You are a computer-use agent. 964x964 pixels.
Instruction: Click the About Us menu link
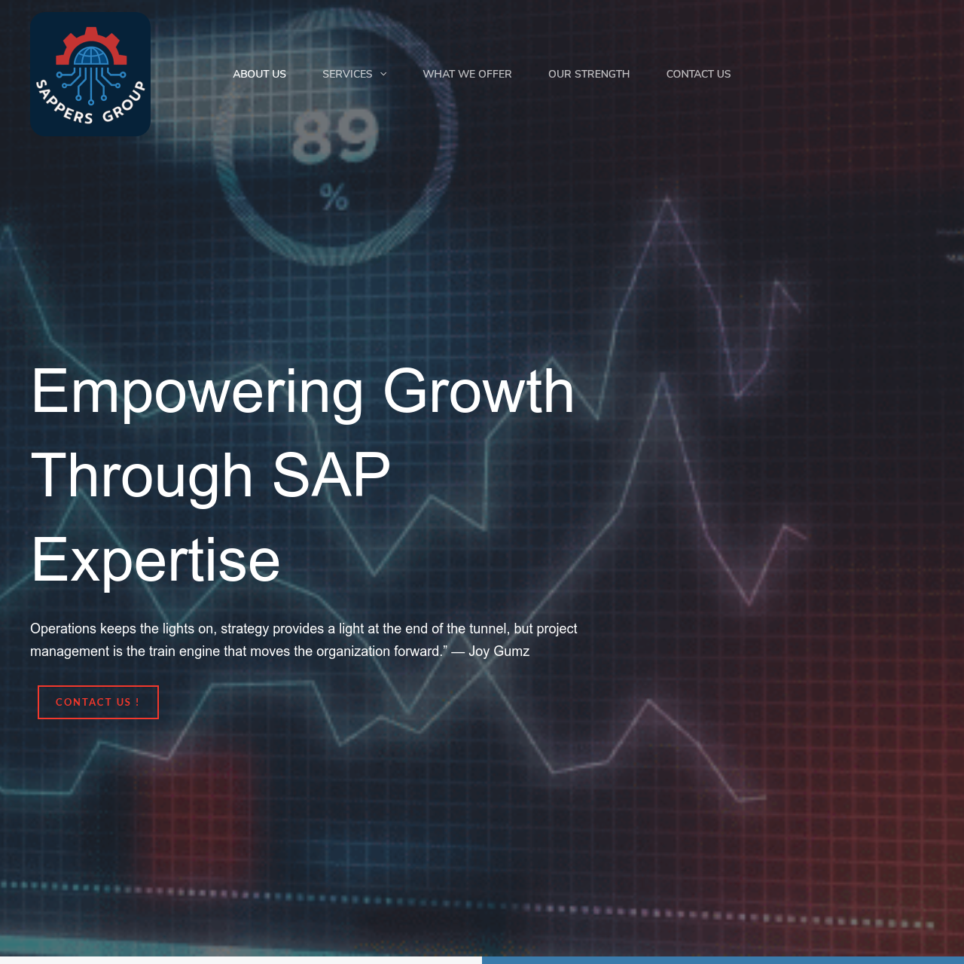click(259, 74)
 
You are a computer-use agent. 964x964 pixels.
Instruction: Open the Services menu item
click(347, 74)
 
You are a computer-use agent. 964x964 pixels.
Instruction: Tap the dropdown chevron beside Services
click(383, 74)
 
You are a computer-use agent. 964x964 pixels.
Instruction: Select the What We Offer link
click(467, 74)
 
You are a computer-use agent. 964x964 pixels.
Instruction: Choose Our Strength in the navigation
click(589, 74)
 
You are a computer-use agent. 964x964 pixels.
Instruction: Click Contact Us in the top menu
click(698, 74)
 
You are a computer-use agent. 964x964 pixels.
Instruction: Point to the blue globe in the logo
click(91, 56)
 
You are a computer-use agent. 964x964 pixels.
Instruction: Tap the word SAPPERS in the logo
click(63, 103)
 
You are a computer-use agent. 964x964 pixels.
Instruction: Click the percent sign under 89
click(334, 197)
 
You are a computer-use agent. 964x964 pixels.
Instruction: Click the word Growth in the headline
click(478, 391)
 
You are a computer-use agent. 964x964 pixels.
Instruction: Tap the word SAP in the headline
click(331, 474)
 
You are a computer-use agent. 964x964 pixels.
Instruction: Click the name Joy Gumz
click(499, 651)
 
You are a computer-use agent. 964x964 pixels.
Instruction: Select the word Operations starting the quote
click(63, 629)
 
